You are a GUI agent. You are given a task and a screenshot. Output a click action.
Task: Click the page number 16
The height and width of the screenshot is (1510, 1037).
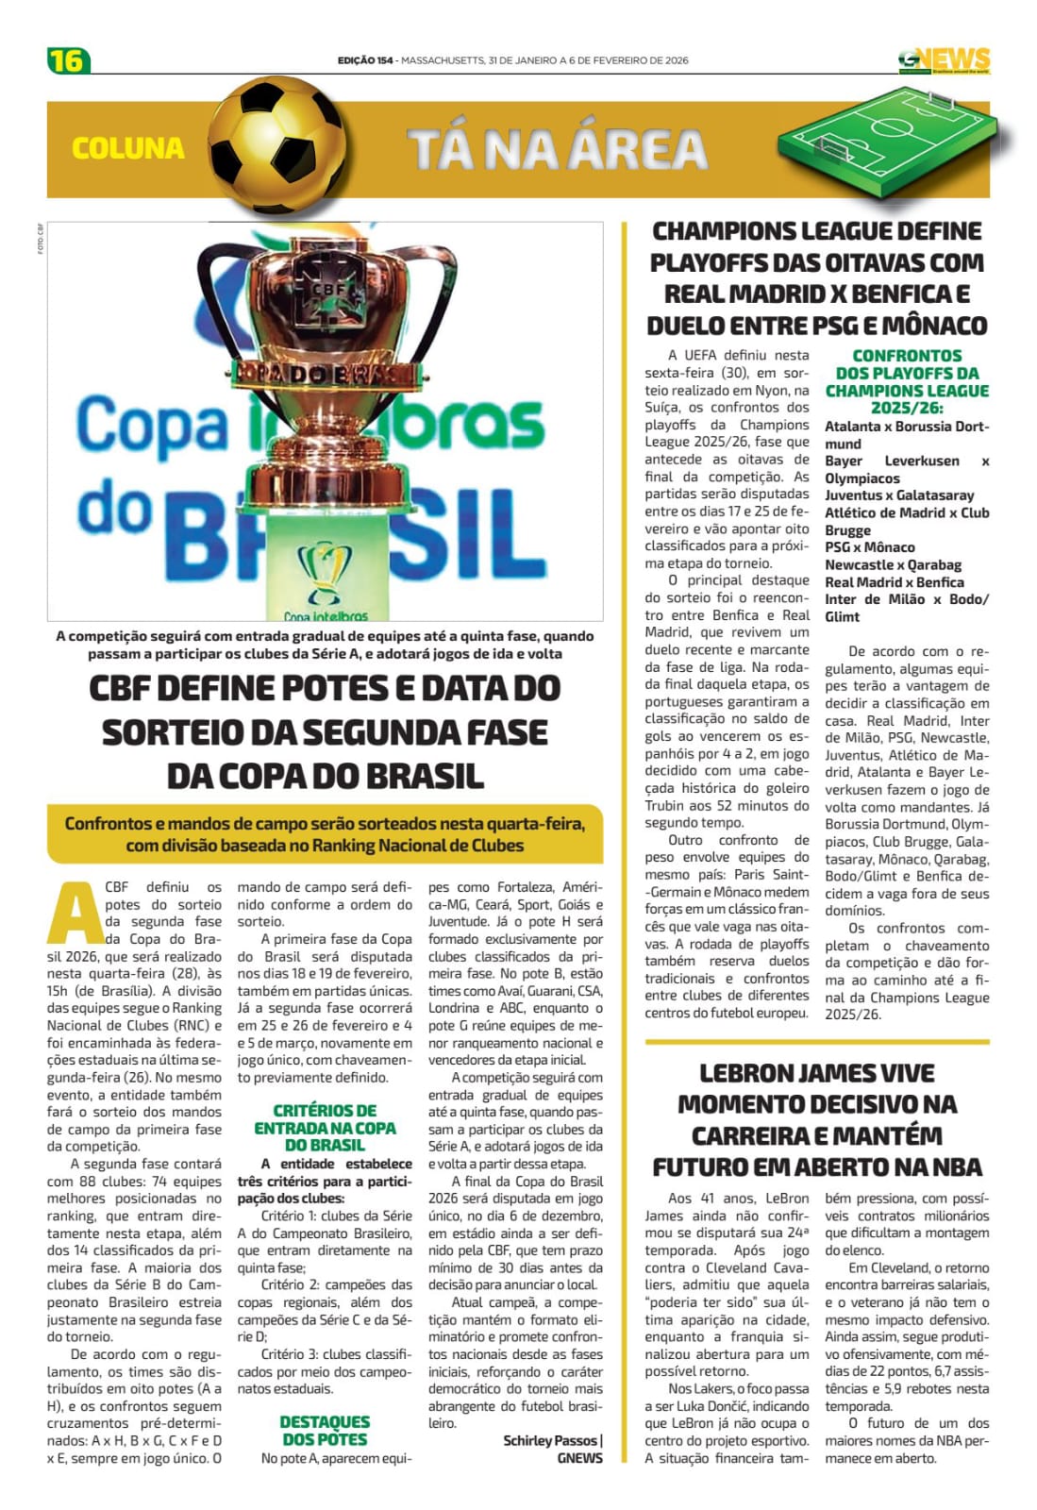[67, 60]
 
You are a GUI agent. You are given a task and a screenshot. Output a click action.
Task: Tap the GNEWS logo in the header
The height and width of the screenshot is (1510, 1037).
[944, 60]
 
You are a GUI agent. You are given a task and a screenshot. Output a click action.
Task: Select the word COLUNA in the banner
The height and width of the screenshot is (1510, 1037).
[128, 148]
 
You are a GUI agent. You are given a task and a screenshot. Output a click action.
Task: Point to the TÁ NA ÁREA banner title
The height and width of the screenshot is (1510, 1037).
[558, 149]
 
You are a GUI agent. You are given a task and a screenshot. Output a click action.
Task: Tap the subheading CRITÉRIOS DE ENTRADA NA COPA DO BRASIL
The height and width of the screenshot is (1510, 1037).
[325, 1128]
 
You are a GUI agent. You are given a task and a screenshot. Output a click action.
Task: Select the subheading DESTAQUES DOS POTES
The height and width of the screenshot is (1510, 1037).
[325, 1431]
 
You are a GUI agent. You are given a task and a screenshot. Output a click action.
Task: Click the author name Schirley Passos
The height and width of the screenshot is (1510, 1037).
[550, 1440]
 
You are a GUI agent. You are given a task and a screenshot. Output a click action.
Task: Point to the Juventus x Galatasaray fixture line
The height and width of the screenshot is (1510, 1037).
[899, 495]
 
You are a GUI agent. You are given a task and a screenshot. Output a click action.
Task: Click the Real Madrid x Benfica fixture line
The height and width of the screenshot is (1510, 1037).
[894, 582]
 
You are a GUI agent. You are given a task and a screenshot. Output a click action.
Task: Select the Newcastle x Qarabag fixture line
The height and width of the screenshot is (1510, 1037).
[893, 564]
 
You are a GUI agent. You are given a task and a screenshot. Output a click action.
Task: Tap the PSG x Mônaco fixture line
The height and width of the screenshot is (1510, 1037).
[869, 547]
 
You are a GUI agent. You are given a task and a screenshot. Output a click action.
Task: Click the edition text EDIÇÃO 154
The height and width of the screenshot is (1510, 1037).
[365, 60]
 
